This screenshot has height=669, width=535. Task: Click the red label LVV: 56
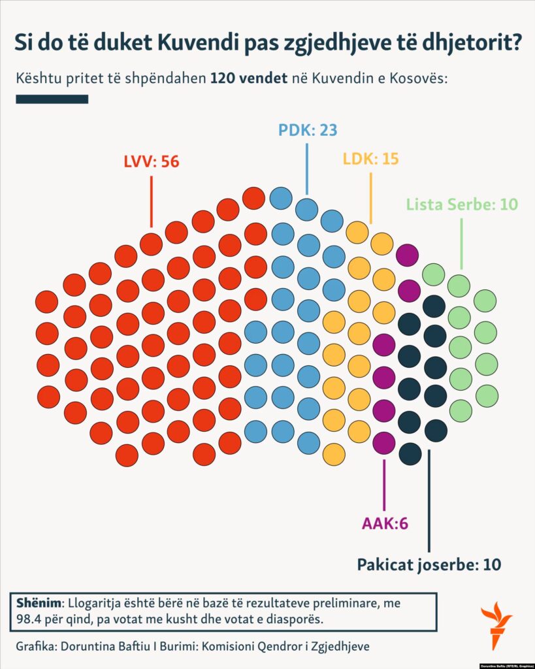click(151, 161)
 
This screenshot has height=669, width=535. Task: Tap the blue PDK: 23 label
click(307, 129)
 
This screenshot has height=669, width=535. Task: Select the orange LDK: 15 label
click(370, 158)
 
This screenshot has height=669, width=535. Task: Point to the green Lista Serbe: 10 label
click(462, 204)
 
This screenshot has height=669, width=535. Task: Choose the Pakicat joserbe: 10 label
click(429, 564)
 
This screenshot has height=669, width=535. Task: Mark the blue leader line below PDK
click(307, 169)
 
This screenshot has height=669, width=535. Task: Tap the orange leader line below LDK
click(371, 198)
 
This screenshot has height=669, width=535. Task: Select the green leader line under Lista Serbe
click(462, 243)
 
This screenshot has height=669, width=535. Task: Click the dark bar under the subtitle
click(52, 99)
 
